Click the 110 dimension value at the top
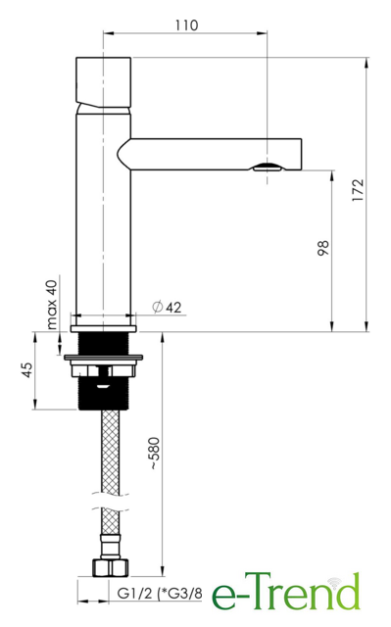[186, 25]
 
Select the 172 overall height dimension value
[358, 190]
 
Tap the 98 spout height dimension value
[323, 248]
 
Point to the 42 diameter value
[173, 307]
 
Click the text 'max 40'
[52, 305]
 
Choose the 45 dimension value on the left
[27, 370]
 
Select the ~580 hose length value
[154, 453]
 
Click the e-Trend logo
[285, 592]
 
